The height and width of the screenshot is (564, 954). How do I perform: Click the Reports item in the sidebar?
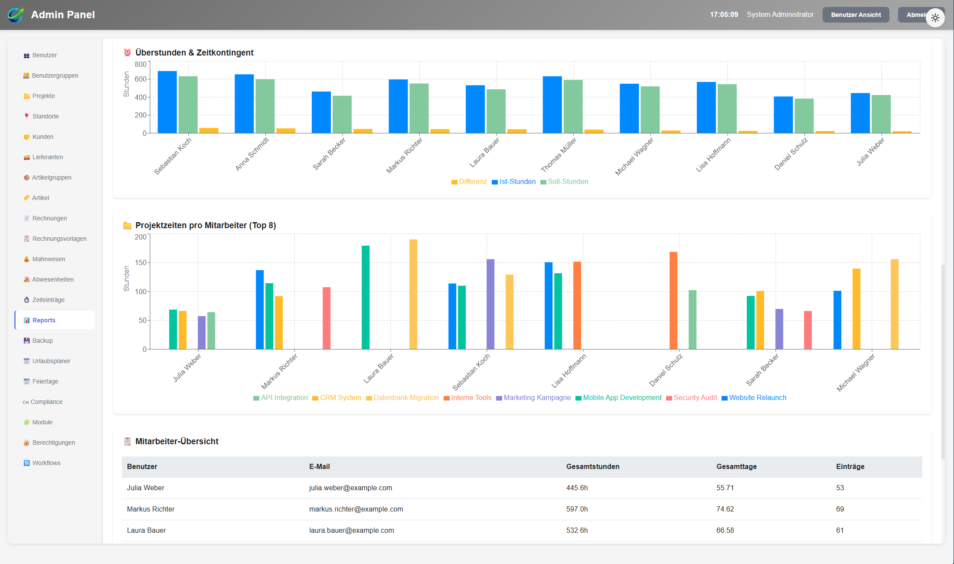tap(44, 320)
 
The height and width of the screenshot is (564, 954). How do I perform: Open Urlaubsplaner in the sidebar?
tap(51, 361)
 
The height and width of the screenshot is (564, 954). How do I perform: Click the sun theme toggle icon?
tap(935, 18)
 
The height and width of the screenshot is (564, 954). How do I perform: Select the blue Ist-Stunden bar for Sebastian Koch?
tap(167, 102)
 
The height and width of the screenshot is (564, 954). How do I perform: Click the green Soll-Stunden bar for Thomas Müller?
tap(573, 107)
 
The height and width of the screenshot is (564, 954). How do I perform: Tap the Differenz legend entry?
tap(469, 182)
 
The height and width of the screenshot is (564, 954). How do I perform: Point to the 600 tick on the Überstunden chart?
tap(140, 79)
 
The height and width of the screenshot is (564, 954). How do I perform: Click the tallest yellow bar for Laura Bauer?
tap(413, 294)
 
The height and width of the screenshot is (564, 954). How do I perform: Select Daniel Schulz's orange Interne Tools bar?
tap(673, 300)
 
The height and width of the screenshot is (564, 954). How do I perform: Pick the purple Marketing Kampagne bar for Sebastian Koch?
tap(490, 304)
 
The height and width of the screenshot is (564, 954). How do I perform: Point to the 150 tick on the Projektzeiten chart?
tap(140, 263)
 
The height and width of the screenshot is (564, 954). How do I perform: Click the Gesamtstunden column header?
tap(592, 467)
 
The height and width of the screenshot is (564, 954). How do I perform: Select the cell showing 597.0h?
tap(577, 509)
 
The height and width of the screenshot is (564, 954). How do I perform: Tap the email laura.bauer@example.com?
tap(351, 531)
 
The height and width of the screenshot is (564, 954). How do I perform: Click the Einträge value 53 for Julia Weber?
tap(840, 488)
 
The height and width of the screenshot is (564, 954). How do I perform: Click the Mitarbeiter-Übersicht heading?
tap(176, 442)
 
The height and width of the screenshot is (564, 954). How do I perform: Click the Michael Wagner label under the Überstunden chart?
tap(634, 157)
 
